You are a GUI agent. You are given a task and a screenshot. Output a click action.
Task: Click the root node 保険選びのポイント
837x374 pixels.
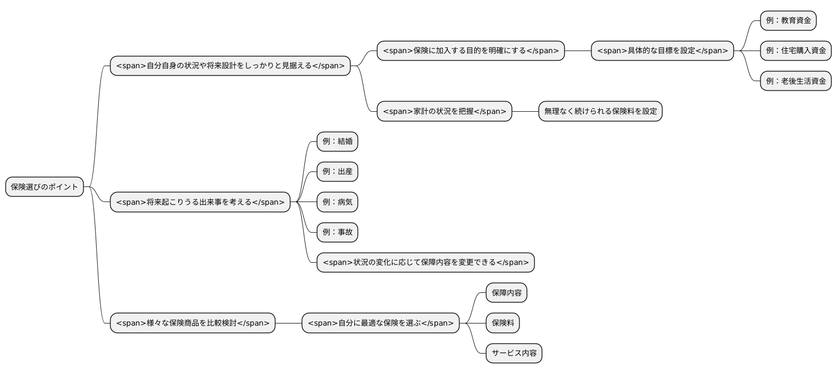pos(45,187)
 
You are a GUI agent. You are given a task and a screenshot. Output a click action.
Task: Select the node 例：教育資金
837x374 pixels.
pos(788,20)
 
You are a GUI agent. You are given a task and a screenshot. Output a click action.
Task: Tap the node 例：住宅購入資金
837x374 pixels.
pos(796,51)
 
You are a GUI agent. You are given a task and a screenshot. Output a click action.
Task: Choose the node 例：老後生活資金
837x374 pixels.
pos(796,81)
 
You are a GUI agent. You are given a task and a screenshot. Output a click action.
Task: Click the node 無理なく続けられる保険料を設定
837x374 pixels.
pos(600,111)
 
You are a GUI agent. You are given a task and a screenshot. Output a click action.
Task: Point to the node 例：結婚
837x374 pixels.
pos(337,141)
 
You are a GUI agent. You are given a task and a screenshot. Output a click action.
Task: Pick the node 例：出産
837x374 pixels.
pos(337,172)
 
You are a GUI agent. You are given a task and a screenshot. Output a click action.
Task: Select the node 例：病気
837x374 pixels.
pos(337,202)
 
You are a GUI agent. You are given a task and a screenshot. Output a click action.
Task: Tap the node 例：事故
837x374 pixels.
pos(337,232)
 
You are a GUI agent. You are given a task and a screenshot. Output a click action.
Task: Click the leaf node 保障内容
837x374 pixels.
pos(506,293)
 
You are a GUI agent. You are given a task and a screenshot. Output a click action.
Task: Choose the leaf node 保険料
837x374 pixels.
pos(503,323)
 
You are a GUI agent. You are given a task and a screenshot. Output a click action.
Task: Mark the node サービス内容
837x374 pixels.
pos(514,353)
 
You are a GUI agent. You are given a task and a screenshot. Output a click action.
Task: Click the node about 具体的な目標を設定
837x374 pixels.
pos(662,51)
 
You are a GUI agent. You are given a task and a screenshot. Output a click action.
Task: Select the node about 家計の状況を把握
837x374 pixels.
pos(444,111)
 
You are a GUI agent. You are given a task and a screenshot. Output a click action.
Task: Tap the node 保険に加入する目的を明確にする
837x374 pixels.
pos(470,51)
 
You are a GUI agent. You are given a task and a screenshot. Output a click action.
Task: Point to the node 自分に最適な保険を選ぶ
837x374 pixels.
pos(380,323)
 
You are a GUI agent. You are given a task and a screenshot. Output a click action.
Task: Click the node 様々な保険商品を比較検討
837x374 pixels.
pos(192,323)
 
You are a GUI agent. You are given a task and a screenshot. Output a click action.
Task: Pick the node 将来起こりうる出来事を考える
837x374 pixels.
pos(200,202)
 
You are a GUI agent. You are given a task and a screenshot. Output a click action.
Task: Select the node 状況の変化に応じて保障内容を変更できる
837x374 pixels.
pos(425,262)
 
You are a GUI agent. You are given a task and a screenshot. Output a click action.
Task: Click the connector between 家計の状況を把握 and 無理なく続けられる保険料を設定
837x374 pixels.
pos(525,111)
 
